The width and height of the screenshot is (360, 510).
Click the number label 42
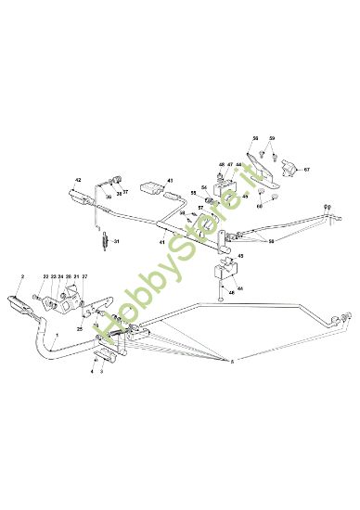78,179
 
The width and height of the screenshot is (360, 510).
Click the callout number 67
308,171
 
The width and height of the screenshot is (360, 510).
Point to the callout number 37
125,192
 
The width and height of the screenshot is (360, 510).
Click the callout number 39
108,197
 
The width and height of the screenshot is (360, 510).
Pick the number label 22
45,275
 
